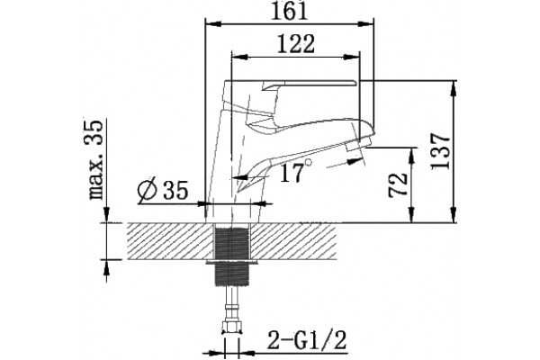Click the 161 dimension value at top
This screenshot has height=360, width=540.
289,12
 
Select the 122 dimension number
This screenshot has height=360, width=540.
296,44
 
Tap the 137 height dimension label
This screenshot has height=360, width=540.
441,151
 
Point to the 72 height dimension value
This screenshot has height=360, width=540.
398,184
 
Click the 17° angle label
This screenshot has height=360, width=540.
295,172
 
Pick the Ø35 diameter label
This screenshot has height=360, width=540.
163,190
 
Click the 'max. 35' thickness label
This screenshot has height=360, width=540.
95,160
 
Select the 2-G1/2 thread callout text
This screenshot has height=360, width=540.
307,340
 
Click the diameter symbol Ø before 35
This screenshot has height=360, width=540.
147,191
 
